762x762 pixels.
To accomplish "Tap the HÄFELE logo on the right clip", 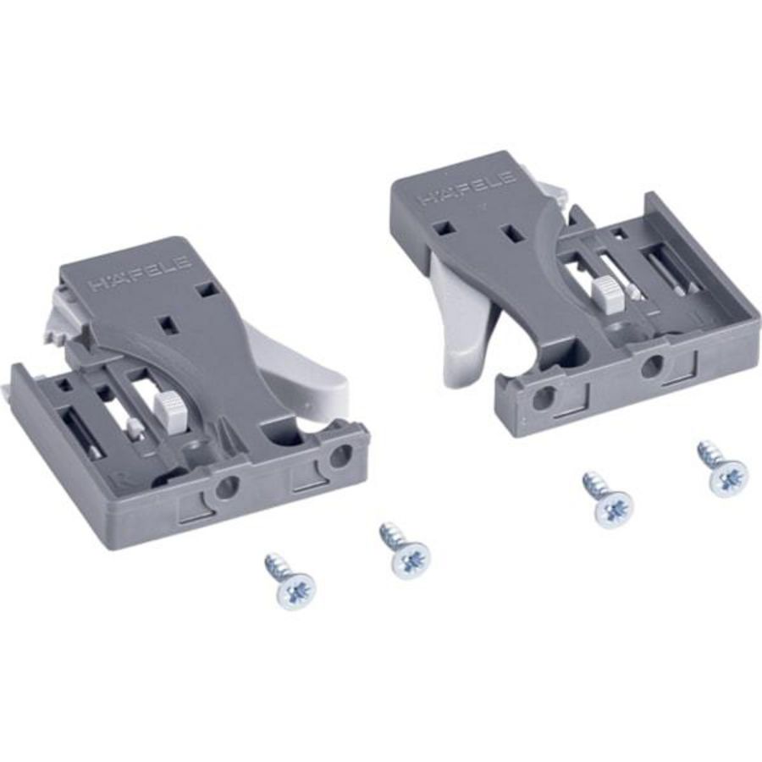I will point(467,188).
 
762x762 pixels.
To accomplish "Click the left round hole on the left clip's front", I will point(228,487).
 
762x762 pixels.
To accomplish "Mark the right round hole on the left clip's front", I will point(340,456).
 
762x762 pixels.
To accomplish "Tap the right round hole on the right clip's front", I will point(652,367).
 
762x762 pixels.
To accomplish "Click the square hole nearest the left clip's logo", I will point(204,290).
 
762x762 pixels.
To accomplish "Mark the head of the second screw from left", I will point(411,560).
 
